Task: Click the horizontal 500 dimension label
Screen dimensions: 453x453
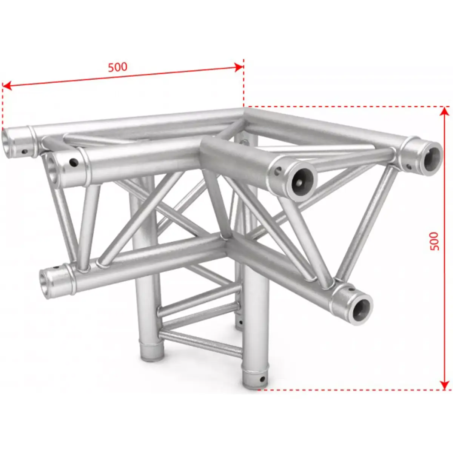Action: pyautogui.click(x=118, y=67)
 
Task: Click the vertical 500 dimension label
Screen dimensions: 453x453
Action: pyautogui.click(x=435, y=241)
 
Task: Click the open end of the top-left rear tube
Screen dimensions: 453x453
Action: pyautogui.click(x=8, y=141)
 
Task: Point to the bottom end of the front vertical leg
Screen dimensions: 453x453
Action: pyautogui.click(x=253, y=382)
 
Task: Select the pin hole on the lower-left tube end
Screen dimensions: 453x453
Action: pyautogui.click(x=58, y=268)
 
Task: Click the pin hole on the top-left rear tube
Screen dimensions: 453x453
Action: pyautogui.click(x=25, y=152)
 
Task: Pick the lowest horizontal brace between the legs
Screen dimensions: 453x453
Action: pyautogui.click(x=200, y=342)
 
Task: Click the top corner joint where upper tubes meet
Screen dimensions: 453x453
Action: pyautogui.click(x=243, y=112)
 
